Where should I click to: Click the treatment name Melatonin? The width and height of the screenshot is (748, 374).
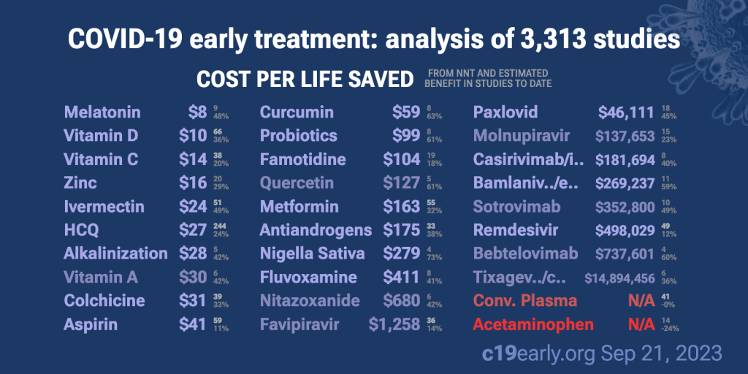coord(102,112)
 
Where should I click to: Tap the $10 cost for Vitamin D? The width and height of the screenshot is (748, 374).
coord(193,136)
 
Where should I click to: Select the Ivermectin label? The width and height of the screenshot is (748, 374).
coord(104,207)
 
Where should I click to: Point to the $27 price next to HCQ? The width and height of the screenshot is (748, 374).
coord(193,230)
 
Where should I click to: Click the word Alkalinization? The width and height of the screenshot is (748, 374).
coord(115,253)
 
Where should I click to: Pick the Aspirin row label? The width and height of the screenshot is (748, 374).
coord(91,324)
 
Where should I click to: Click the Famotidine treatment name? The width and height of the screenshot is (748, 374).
coord(302,159)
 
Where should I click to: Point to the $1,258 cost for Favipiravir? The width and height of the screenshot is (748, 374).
coord(394,324)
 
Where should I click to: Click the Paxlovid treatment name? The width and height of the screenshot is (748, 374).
coord(505,112)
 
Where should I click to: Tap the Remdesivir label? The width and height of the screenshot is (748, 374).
coord(516,230)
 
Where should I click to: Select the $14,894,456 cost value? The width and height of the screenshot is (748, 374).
coord(619,278)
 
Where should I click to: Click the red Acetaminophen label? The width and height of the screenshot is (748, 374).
coord(533,324)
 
